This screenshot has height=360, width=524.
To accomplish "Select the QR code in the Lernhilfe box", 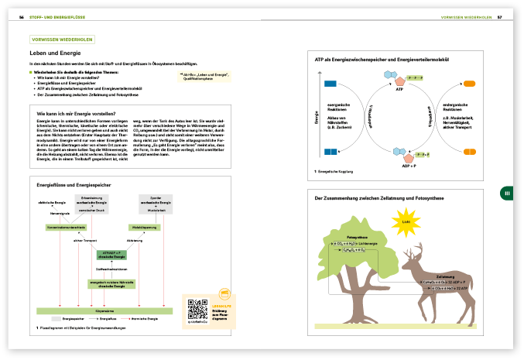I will (197, 307).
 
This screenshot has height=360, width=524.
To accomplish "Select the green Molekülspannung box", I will (145, 228).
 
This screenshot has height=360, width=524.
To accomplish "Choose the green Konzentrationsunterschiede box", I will (65, 228).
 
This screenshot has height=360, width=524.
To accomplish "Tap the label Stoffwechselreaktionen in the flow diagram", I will (112, 268).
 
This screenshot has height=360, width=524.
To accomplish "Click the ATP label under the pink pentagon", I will (399, 89).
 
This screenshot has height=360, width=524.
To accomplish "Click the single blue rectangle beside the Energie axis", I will (330, 82).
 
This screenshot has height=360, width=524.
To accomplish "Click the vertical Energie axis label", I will (317, 116).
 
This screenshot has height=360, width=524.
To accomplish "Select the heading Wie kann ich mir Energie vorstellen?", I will (76, 114).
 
